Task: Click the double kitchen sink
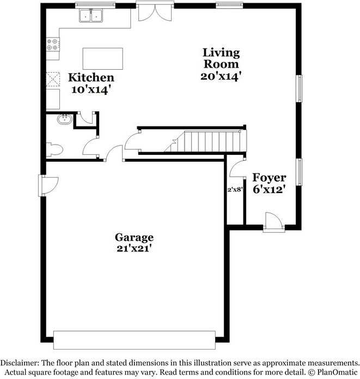[91, 16]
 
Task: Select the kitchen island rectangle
[102, 58]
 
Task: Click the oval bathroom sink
[63, 119]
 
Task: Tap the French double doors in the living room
[155, 12]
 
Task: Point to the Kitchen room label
[91, 77]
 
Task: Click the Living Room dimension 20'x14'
[221, 76]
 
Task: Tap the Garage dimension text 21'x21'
[133, 249]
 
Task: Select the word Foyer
[269, 178]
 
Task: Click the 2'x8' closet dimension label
[235, 190]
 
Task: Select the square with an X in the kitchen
[52, 80]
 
